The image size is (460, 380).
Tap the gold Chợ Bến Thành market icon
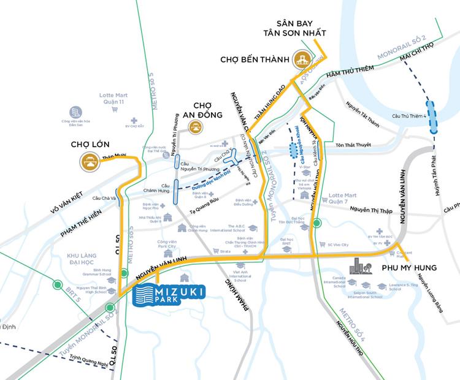(302, 59)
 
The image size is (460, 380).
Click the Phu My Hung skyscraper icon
(359, 267)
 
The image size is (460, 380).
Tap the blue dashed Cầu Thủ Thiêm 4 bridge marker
(434, 117)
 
